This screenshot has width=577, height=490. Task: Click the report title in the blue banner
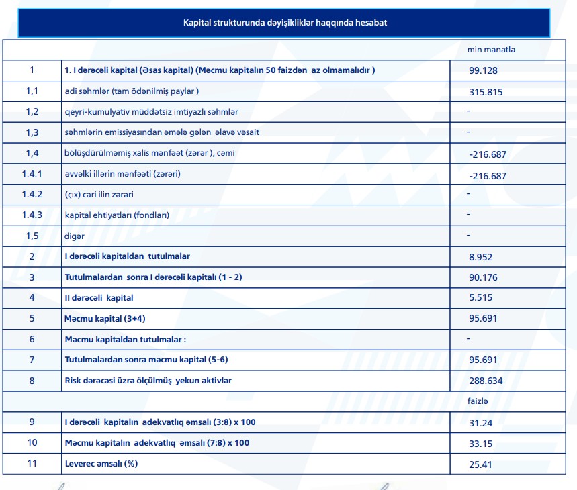285,23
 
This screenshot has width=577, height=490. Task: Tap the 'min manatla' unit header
491,50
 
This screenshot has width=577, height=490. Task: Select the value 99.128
483,70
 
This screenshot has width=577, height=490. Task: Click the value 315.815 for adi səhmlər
486,93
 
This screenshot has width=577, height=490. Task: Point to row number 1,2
32,111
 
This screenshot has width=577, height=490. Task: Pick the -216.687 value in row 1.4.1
487,176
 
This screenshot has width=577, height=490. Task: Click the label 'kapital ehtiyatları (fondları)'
107,215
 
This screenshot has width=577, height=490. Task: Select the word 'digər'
75,236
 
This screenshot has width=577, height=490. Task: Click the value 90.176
483,277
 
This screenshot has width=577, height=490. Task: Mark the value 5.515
480,298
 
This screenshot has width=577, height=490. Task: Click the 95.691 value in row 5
483,318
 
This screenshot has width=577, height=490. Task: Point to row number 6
32,339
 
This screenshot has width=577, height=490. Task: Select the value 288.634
486,381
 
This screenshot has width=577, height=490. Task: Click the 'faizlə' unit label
477,401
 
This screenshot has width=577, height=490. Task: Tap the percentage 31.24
480,422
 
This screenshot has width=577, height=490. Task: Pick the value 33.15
480,444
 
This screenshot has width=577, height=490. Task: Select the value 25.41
480,464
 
